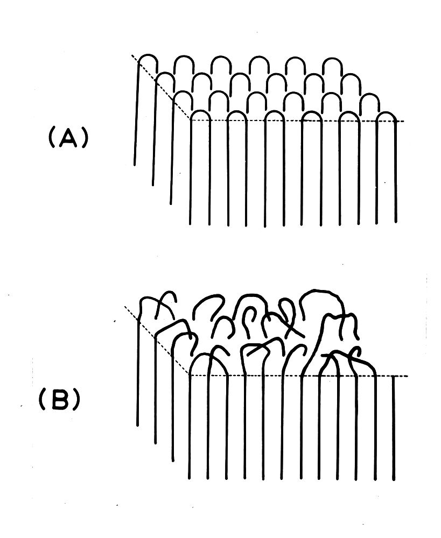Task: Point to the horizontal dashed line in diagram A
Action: tap(296, 121)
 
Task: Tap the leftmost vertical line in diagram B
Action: tap(138, 377)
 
